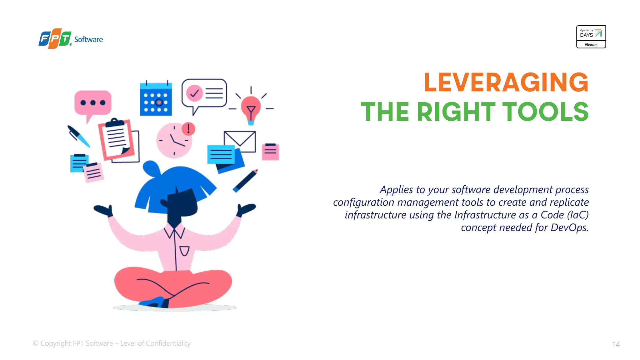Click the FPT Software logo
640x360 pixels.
point(71,39)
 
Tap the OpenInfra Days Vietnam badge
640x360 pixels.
point(591,37)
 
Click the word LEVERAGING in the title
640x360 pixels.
point(506,82)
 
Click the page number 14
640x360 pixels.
point(616,344)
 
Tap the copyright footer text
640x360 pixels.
point(112,343)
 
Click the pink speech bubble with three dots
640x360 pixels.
point(93,103)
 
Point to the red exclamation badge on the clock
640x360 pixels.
point(188,128)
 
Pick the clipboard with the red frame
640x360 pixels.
point(116,139)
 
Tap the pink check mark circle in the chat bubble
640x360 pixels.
point(194,93)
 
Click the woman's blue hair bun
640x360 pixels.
point(151,169)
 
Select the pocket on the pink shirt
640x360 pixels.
point(184,251)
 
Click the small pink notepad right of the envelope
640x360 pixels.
point(270,152)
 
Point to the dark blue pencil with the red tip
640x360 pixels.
point(245,181)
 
